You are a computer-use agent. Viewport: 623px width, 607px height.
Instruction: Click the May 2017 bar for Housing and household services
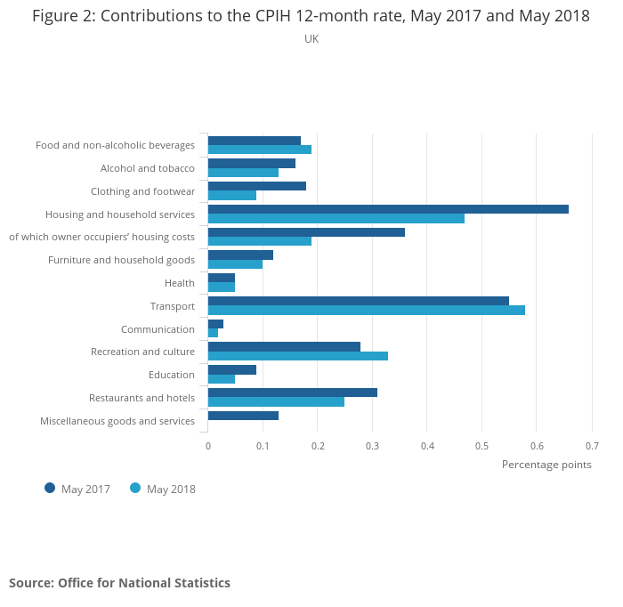tap(388, 209)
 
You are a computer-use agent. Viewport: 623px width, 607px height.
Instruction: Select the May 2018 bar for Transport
tap(366, 310)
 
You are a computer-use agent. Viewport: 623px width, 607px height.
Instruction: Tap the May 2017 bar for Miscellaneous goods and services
tap(243, 416)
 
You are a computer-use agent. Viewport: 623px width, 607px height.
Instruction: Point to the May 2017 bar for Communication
tap(215, 324)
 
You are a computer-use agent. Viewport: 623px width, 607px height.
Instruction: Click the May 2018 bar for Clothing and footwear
tap(231, 195)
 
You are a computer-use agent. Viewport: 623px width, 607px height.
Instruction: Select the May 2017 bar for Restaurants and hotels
tap(292, 393)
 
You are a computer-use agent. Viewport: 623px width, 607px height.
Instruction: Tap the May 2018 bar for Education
tap(222, 378)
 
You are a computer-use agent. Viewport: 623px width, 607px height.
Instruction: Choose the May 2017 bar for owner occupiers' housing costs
tap(306, 232)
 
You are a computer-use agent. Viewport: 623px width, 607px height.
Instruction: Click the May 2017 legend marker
tap(50, 488)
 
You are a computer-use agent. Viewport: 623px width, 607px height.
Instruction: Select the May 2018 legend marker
tap(135, 488)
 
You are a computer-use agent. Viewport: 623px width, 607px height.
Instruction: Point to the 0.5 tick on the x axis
tap(481, 446)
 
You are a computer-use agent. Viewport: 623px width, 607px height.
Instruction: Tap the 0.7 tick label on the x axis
tap(592, 446)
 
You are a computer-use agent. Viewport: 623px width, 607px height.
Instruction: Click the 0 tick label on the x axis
tap(207, 446)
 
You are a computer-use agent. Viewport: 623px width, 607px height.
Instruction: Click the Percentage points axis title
tap(546, 465)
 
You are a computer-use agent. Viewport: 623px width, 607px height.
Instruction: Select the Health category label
tap(179, 283)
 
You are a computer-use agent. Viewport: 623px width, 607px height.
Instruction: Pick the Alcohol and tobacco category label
tap(147, 168)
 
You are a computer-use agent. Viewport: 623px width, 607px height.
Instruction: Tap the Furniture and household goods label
tap(121, 260)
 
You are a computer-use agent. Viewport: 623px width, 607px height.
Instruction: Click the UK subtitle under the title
tap(311, 39)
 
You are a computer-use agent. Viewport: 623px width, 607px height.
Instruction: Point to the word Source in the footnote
tap(30, 583)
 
